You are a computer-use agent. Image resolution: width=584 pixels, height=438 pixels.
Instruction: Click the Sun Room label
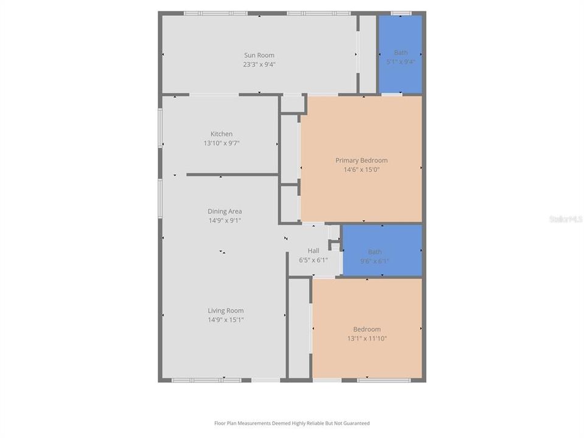click(259, 55)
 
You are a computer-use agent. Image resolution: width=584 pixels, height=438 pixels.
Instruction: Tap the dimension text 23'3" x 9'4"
click(259, 64)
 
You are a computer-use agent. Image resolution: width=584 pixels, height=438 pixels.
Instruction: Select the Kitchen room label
click(221, 134)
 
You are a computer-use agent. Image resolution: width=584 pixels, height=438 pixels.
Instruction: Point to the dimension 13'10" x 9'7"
click(221, 143)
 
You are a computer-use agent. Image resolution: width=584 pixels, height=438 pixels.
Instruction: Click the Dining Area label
click(224, 212)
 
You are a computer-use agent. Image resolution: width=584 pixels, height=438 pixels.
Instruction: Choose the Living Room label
click(226, 310)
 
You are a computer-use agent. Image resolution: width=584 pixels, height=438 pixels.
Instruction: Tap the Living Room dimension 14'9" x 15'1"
click(226, 319)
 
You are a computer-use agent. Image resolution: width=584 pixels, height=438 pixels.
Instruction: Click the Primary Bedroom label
click(361, 161)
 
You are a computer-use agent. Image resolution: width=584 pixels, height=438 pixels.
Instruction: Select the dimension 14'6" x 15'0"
click(361, 170)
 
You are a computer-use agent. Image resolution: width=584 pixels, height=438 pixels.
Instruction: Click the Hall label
click(313, 251)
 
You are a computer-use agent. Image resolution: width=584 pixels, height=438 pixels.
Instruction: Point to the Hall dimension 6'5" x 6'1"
click(313, 260)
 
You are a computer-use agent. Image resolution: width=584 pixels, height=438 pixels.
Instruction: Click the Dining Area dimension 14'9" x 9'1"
click(224, 221)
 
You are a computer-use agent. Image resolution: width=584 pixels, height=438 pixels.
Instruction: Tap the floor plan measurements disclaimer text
click(291, 423)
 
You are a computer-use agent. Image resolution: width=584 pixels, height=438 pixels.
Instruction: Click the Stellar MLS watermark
click(565, 219)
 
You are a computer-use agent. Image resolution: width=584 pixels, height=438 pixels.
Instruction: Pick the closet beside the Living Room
click(299, 328)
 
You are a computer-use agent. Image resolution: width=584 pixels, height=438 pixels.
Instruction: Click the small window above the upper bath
click(400, 13)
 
